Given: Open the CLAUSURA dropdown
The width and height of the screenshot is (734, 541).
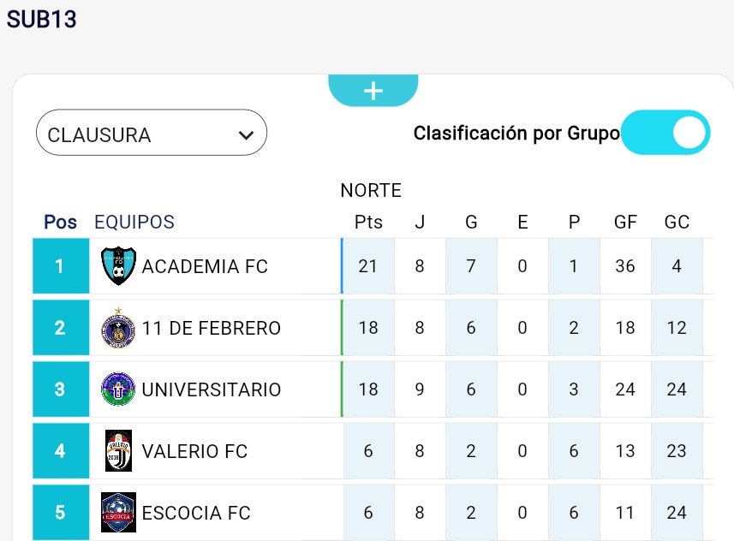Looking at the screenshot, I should click(151, 134).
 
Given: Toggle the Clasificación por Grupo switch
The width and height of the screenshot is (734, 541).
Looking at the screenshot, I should click(665, 133).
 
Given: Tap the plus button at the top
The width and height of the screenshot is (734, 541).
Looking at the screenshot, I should click(373, 91).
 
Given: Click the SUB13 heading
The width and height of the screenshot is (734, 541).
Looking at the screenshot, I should click(42, 20).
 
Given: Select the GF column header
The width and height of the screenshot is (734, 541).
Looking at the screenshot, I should click(625, 222).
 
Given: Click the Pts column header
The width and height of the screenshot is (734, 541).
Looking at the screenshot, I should click(368, 222).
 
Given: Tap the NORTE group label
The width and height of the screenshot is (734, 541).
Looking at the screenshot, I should click(371, 190).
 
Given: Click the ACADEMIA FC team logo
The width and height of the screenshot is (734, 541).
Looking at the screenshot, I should click(118, 266).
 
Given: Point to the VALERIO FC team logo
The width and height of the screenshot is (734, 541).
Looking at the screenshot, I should click(118, 451).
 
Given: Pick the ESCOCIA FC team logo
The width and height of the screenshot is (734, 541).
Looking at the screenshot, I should click(118, 513).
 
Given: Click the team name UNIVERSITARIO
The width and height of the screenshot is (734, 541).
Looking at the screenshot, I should click(211, 389).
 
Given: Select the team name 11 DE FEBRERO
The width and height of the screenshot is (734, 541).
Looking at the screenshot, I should click(211, 328).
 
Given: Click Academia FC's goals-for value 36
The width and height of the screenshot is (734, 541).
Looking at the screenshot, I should click(625, 266).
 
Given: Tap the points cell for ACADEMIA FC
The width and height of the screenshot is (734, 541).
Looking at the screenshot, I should click(368, 266).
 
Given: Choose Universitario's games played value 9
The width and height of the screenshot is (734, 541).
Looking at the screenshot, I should click(420, 389).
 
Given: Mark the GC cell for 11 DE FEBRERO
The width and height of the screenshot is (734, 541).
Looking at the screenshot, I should click(677, 328).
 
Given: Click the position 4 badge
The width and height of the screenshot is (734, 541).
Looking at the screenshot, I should click(60, 451).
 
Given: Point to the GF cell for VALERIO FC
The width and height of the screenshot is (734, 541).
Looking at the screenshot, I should click(625, 451).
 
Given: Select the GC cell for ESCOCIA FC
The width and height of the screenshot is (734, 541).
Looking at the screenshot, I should click(677, 513).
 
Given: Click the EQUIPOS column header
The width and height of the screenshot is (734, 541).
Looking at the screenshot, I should click(134, 222).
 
